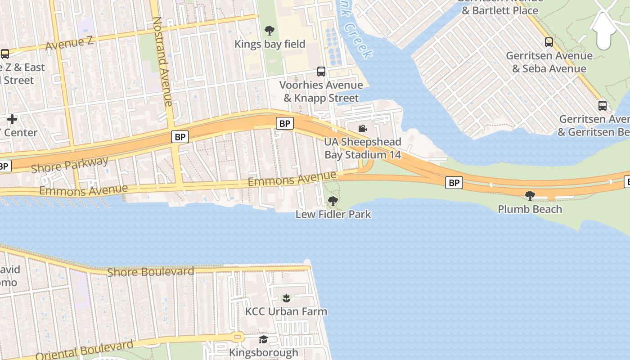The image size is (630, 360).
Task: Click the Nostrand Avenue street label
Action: pos(162,62)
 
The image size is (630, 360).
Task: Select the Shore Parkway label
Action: pos(70,164)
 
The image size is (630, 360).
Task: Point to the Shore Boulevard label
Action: pos(150,272)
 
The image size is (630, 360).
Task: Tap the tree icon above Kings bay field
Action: pos(270,31)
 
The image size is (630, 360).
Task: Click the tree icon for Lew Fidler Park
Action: pos(333,201)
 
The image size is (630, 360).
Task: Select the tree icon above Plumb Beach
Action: pos(530,195)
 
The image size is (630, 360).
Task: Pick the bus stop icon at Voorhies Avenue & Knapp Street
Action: pos(321,71)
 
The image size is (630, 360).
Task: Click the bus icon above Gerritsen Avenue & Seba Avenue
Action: pos(549,42)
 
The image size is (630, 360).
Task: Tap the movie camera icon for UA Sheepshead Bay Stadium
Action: pos(362,129)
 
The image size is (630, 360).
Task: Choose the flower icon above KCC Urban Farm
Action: pos(286,297)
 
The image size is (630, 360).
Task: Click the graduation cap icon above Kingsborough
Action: pos(263,339)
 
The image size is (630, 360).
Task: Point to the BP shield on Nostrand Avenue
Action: pos(180,137)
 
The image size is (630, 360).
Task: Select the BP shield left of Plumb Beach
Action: pos(454,183)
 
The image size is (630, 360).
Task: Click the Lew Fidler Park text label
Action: pos(333,214)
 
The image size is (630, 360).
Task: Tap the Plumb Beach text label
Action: pos(530,209)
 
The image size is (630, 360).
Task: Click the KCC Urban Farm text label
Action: pos(286,311)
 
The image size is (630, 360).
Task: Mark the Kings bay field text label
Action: pos(270,44)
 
